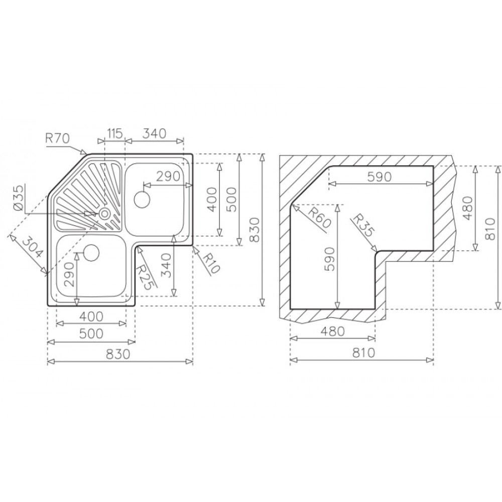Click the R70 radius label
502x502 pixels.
[58, 139]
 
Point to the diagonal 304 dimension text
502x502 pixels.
[33, 246]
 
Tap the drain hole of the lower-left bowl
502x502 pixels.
[91, 253]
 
